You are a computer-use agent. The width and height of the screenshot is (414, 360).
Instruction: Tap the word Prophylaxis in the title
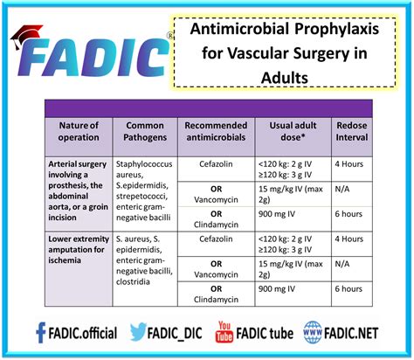336,30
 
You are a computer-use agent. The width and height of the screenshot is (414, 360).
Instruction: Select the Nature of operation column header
79,131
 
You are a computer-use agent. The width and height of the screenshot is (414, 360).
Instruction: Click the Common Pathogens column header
145,131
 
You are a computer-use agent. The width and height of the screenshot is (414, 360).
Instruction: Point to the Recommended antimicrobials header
216,131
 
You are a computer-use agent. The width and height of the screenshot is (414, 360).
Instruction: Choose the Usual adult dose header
293,131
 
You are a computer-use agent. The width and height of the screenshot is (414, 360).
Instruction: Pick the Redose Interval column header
352,131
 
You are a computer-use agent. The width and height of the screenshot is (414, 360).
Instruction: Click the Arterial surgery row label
78,190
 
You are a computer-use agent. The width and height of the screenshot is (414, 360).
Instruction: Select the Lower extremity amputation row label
79,250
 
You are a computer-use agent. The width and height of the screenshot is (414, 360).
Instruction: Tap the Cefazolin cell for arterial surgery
216,164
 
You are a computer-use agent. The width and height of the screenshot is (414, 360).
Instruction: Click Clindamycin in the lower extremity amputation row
216,300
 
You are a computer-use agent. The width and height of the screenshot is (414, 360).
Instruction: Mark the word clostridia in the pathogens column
133,282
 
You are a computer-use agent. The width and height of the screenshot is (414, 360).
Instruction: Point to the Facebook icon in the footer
40,333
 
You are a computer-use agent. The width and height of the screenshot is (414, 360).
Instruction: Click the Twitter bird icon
137,332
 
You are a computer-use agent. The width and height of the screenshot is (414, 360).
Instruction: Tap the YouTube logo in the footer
224,332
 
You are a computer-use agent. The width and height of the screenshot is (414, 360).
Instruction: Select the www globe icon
313,332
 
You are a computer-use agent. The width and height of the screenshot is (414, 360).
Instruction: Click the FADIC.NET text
351,334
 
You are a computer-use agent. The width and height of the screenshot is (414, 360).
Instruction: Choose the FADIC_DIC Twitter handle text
175,334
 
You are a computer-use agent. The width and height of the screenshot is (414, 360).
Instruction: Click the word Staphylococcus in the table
144,164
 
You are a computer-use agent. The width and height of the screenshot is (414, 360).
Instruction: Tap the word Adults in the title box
285,78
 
